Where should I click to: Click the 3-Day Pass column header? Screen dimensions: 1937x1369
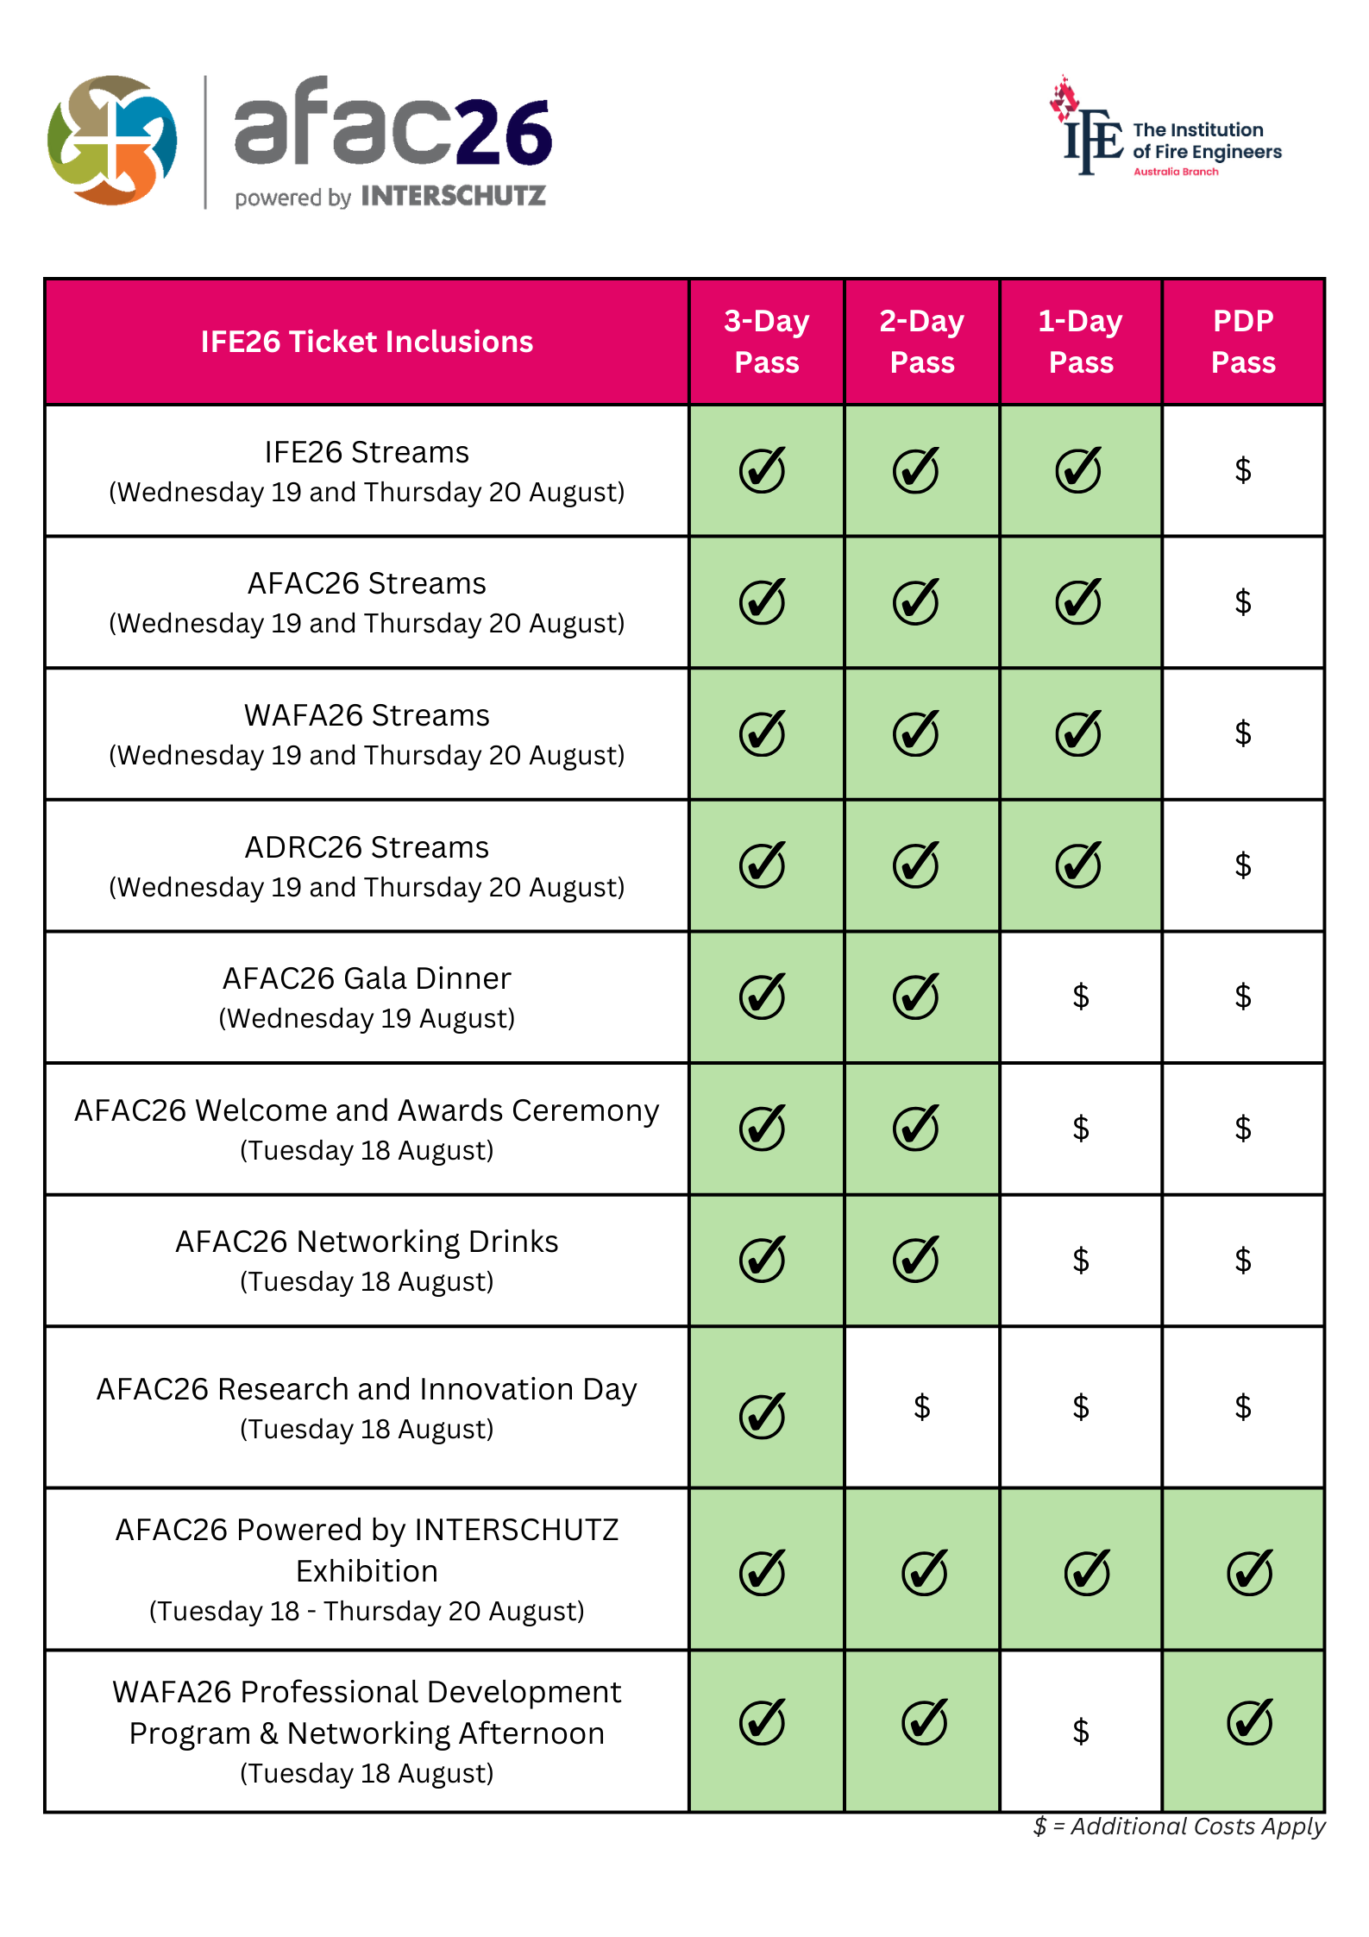coord(766,342)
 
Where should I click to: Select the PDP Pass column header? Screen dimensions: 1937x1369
coord(1242,342)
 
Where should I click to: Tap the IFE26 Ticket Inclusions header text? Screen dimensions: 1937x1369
coord(367,342)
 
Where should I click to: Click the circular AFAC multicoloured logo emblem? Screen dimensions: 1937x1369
coord(112,140)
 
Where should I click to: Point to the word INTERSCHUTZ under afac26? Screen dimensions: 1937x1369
coord(453,197)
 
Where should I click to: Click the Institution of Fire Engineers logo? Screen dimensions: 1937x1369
coord(1165,129)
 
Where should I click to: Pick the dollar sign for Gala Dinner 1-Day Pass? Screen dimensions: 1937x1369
coord(1080,997)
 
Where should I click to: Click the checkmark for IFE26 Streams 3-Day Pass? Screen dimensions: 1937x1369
coord(763,470)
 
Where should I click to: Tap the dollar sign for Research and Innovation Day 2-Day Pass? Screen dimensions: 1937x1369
coord(921,1407)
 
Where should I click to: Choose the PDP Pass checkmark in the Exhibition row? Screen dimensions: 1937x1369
coord(1249,1572)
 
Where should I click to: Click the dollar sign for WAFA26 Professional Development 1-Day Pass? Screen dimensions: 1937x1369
coord(1080,1731)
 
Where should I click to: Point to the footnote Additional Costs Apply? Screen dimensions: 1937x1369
coord(1179,1827)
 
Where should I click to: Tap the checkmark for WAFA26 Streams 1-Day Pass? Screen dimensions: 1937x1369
coord(1078,733)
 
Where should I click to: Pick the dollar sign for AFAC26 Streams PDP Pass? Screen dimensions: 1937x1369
coord(1242,601)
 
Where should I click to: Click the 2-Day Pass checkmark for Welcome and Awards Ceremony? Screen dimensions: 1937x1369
coord(915,1128)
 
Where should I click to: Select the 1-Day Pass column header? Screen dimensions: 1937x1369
coord(1080,342)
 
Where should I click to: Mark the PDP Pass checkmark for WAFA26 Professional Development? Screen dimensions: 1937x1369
coord(1249,1722)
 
